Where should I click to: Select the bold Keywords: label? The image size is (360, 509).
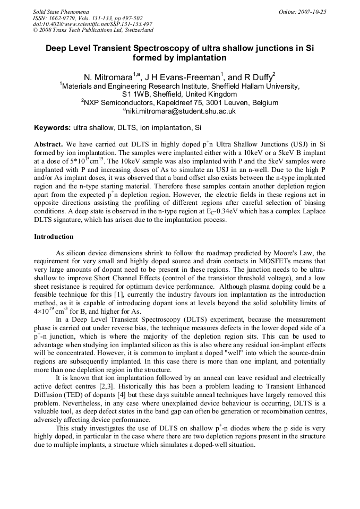[x=52, y=128]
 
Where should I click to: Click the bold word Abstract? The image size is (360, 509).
[x=48, y=144]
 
